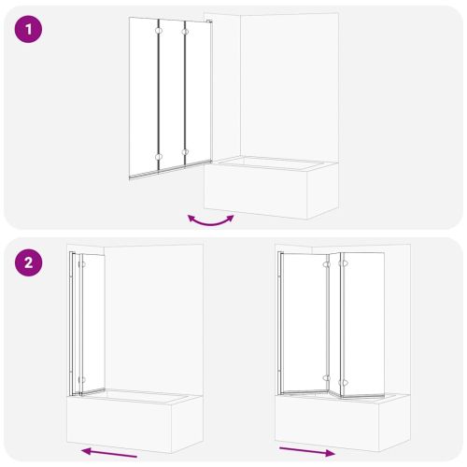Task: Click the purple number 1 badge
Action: click(28, 29)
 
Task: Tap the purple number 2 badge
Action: click(28, 262)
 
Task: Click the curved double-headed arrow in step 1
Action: click(211, 221)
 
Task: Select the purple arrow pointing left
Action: click(109, 453)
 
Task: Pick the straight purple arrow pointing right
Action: click(307, 452)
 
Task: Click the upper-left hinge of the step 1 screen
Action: click(159, 31)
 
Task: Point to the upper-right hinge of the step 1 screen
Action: click(185, 32)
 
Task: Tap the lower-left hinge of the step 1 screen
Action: click(159, 157)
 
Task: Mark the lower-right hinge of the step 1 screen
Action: click(185, 152)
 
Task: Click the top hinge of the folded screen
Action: click(82, 264)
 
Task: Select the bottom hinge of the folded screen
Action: click(82, 380)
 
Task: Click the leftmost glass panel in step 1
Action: click(144, 97)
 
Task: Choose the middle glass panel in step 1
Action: click(172, 94)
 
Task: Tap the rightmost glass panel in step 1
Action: click(199, 92)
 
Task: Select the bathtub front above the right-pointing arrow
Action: click(327, 421)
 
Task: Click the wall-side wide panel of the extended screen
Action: click(304, 322)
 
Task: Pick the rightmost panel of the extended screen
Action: click(363, 325)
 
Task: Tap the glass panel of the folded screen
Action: click(93, 323)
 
